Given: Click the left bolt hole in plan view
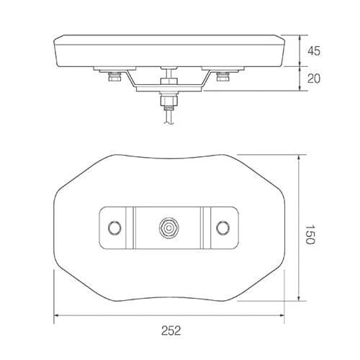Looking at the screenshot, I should [x=114, y=228].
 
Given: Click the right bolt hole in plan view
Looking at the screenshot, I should [x=223, y=228].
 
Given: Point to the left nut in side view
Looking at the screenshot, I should [x=113, y=76].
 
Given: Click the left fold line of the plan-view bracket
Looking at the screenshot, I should [x=132, y=228].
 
